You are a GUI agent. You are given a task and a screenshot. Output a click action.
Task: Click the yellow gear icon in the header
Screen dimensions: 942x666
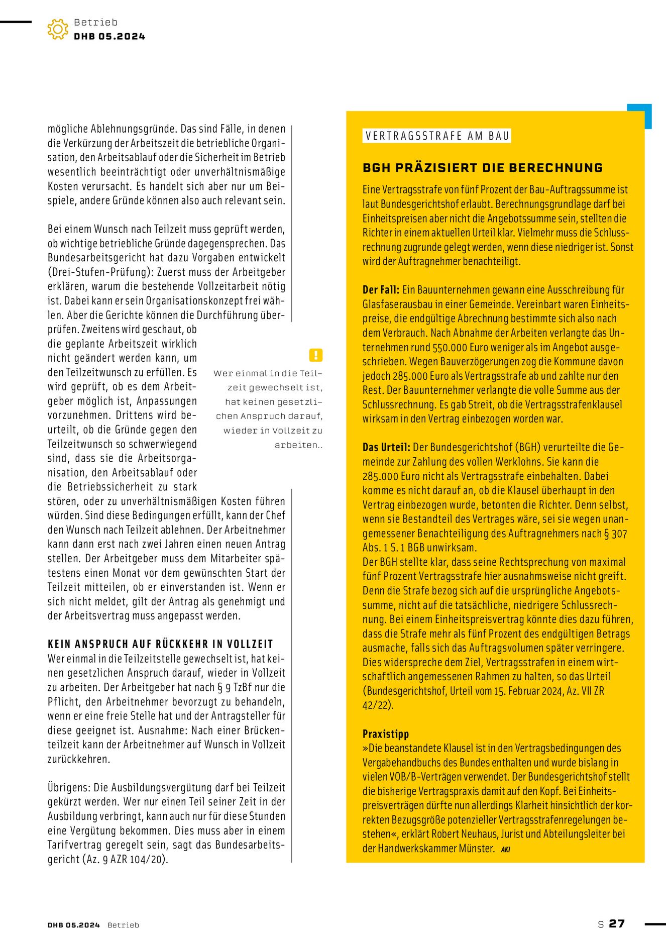(58, 29)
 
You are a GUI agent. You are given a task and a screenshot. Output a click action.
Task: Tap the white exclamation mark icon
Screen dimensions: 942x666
(315, 355)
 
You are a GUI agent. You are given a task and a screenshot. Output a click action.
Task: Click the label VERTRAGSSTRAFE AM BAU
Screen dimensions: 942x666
(436, 136)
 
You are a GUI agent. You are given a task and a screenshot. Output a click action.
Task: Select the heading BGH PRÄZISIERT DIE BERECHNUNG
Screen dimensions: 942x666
(482, 168)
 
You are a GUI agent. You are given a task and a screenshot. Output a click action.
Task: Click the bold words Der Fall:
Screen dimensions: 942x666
(381, 290)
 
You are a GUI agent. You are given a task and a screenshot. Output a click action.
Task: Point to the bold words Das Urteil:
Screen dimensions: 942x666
(386, 447)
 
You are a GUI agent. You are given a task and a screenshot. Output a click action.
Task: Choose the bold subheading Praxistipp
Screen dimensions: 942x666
(386, 734)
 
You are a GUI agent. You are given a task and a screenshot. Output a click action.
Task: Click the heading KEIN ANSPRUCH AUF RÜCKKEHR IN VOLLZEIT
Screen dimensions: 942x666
(160, 644)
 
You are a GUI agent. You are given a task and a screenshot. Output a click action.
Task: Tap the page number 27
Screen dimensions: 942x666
(617, 923)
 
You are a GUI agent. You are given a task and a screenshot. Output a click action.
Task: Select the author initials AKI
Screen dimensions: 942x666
(505, 849)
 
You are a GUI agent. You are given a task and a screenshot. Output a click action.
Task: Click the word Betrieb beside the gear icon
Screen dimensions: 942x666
(95, 22)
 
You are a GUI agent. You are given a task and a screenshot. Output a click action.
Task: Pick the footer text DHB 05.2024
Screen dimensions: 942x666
(74, 925)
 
